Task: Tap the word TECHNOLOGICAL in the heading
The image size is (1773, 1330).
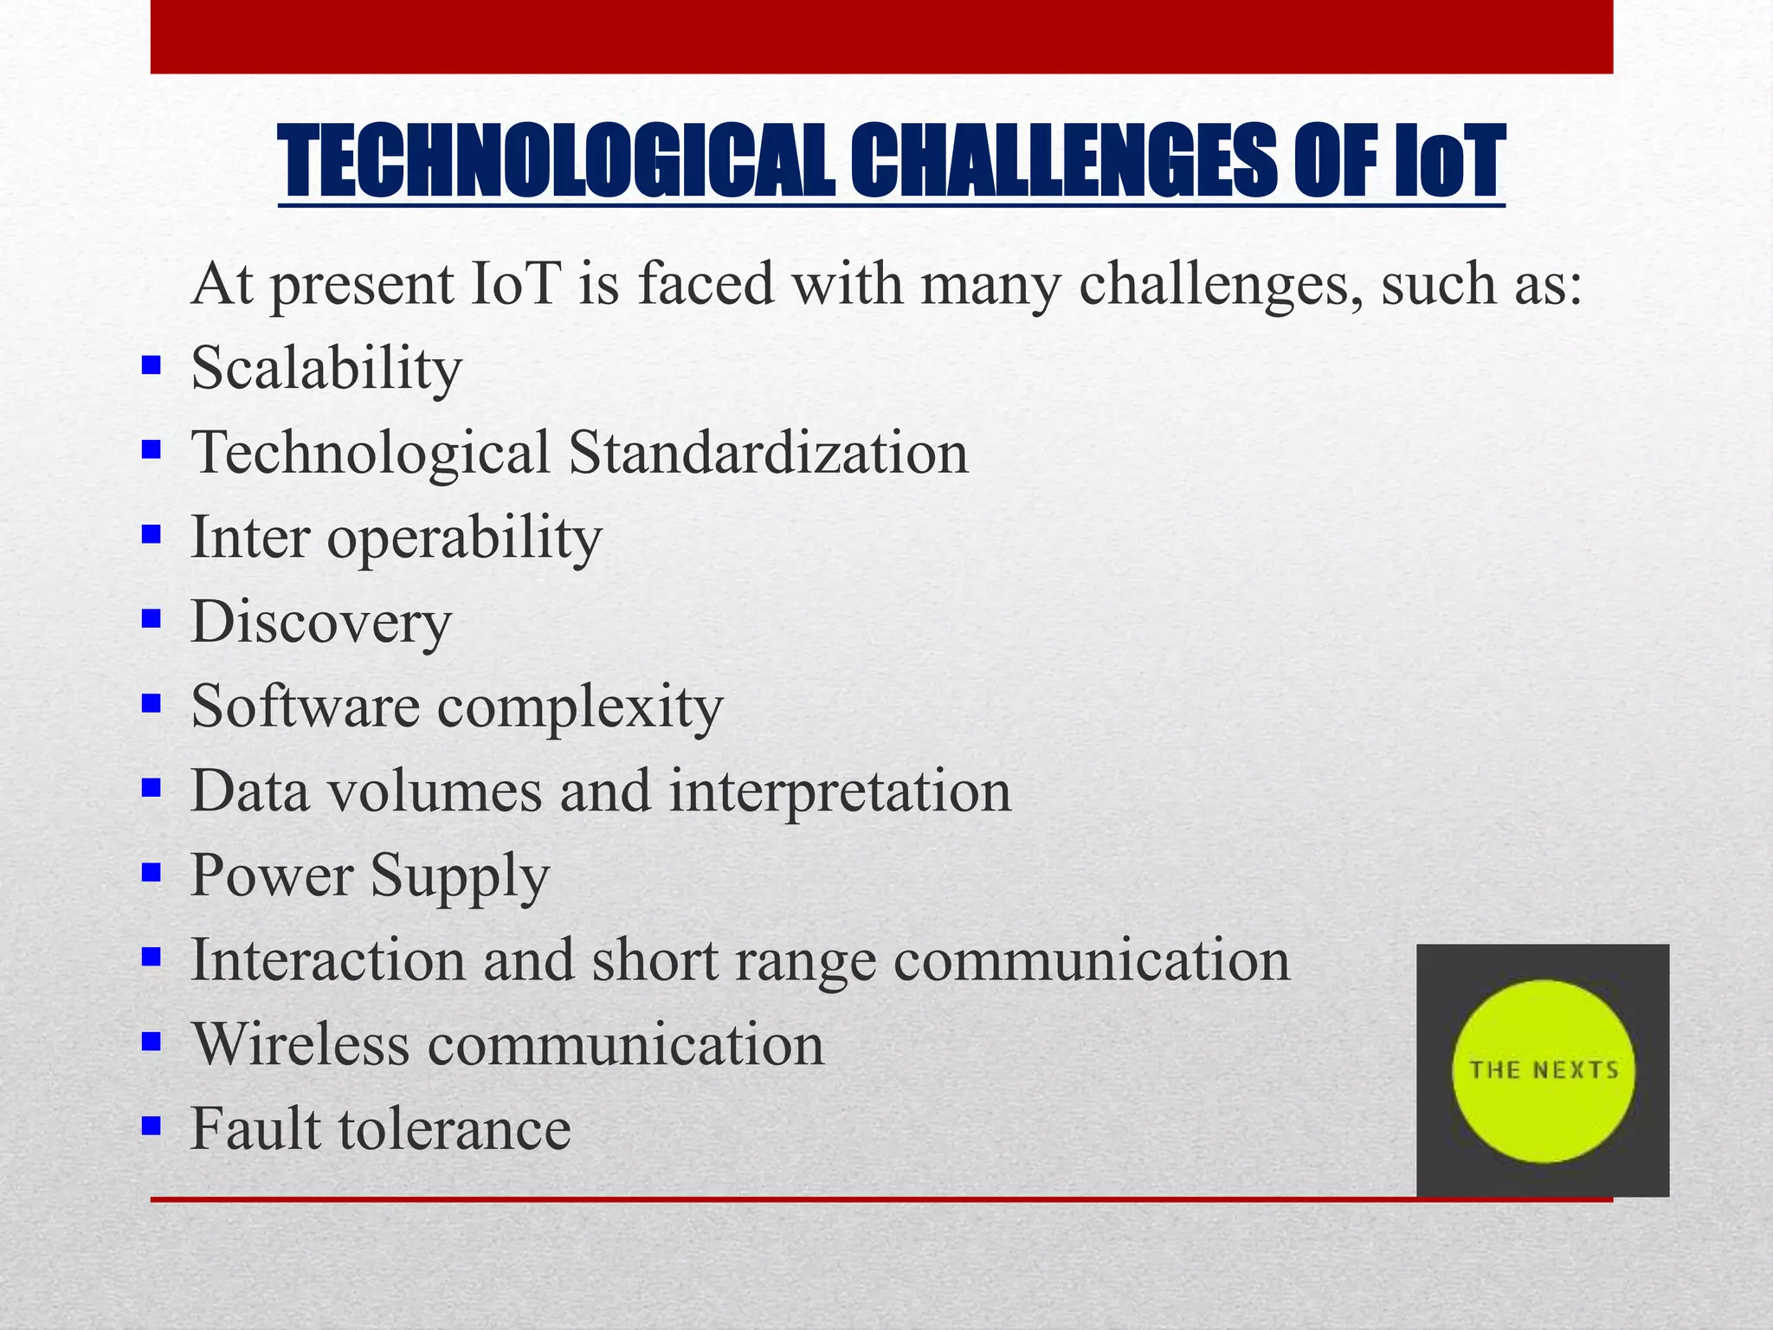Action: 556,162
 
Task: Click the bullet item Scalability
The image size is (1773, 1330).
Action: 326,369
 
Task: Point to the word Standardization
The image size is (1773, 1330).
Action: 769,453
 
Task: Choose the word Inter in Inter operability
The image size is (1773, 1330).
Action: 250,538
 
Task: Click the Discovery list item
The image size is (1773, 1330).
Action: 321,623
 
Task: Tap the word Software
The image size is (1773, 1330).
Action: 306,707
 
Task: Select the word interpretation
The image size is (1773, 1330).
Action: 840,791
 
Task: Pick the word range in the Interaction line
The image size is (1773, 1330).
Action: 805,961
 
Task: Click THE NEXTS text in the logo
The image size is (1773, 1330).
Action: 1544,1070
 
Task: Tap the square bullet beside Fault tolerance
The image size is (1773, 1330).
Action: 152,1126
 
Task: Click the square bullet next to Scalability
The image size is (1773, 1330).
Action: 152,365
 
